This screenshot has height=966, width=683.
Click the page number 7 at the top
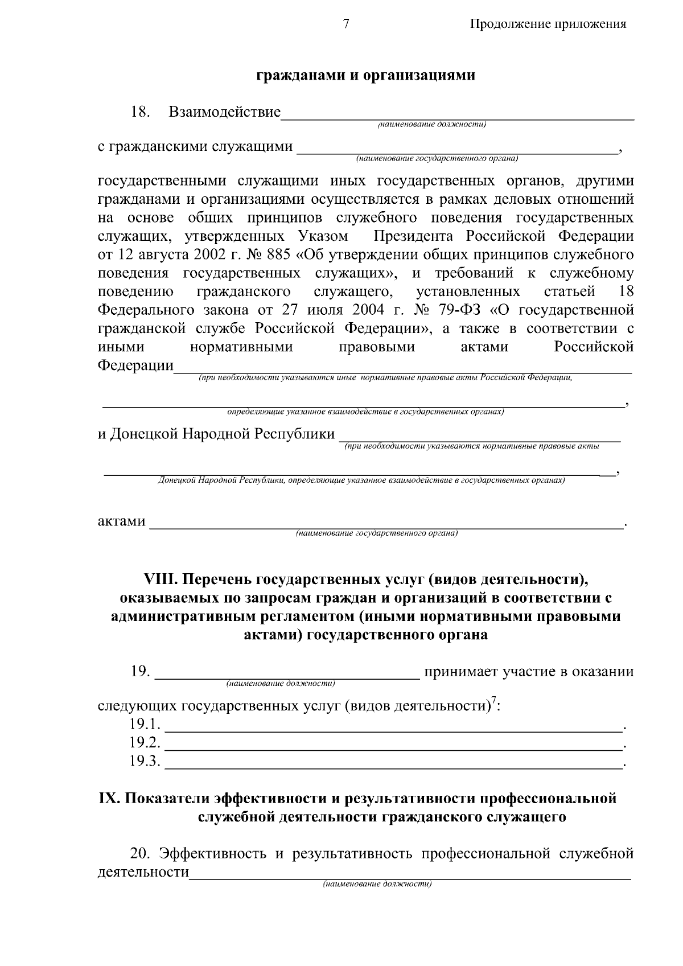click(x=345, y=23)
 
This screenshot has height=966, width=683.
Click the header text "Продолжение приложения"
click(x=548, y=24)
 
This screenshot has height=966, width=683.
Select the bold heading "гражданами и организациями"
click(x=365, y=76)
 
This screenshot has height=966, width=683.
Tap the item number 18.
click(x=140, y=112)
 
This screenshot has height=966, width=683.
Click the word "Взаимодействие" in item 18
click(x=225, y=112)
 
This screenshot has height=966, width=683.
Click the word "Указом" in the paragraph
click(x=322, y=236)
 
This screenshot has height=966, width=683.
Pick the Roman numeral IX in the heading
click(x=109, y=799)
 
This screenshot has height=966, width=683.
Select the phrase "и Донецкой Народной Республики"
click(x=216, y=434)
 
